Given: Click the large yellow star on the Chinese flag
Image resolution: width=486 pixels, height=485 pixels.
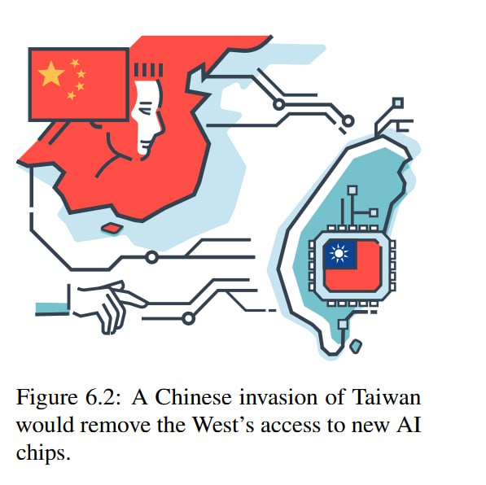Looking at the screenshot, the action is (51, 73).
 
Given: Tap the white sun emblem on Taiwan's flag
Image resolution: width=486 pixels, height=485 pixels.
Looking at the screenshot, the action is (339, 254).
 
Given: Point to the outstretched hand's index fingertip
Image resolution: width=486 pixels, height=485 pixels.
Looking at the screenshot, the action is (144, 303).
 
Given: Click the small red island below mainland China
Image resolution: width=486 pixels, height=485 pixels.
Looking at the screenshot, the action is (112, 228).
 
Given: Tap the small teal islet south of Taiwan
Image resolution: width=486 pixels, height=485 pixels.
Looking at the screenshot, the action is (356, 346).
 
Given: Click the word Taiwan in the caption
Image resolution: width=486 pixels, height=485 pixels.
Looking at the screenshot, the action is (387, 396).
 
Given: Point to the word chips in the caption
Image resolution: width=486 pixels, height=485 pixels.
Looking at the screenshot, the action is (43, 453).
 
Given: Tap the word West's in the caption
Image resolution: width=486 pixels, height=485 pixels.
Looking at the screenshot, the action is (223, 425).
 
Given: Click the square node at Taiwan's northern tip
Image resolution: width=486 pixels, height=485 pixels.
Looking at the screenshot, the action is (397, 103).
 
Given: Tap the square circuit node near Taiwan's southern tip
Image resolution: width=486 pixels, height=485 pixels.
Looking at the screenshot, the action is (343, 325).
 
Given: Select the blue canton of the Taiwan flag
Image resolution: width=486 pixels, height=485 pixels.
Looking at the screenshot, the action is (340, 255).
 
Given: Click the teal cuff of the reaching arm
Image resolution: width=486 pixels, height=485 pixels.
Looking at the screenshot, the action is (52, 308).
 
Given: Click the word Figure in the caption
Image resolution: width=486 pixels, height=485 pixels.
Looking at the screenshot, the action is (46, 397).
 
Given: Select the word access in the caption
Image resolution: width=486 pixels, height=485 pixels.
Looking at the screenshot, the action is (290, 426).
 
